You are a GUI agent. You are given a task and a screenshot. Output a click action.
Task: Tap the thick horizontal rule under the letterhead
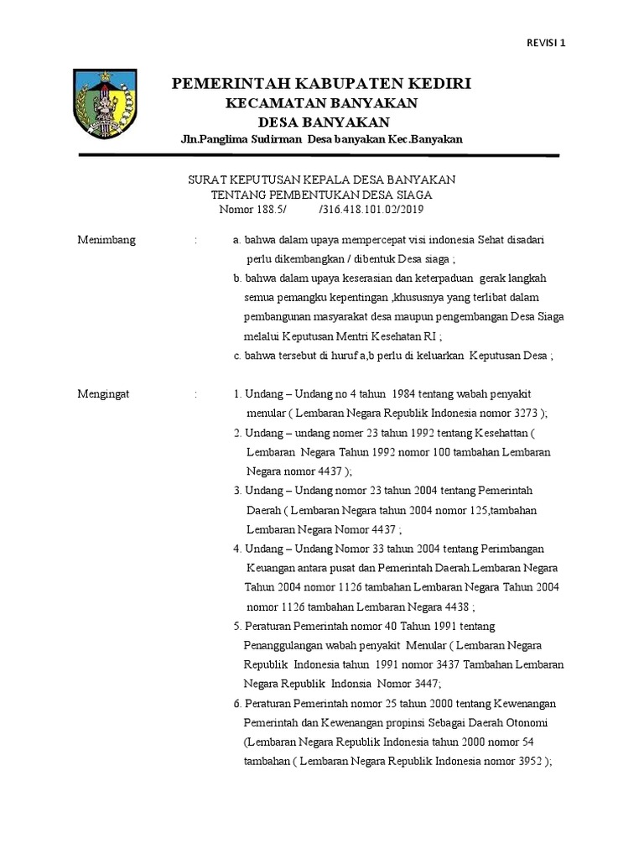[318, 155]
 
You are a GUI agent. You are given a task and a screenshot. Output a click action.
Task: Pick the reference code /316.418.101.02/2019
[377, 209]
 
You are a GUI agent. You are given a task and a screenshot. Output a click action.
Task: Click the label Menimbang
[106, 240]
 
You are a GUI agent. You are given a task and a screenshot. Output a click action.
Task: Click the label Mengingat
[105, 393]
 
